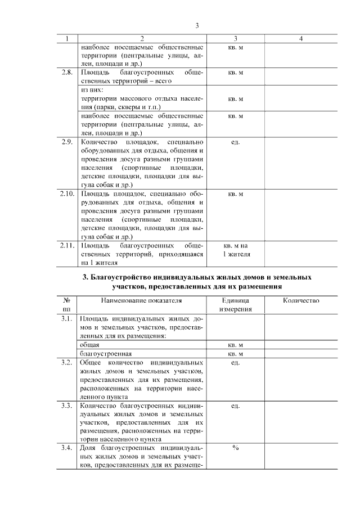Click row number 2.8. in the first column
(66, 73)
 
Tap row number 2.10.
(66, 194)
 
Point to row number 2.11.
(66, 246)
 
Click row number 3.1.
(66, 319)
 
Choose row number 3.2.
(66, 362)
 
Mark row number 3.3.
(66, 406)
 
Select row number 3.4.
(66, 448)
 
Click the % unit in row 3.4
(235, 448)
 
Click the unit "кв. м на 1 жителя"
(235, 250)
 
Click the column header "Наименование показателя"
(142, 301)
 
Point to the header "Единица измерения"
(235, 305)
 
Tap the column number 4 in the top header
(301, 39)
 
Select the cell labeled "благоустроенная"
(106, 353)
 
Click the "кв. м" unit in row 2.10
(235, 194)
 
